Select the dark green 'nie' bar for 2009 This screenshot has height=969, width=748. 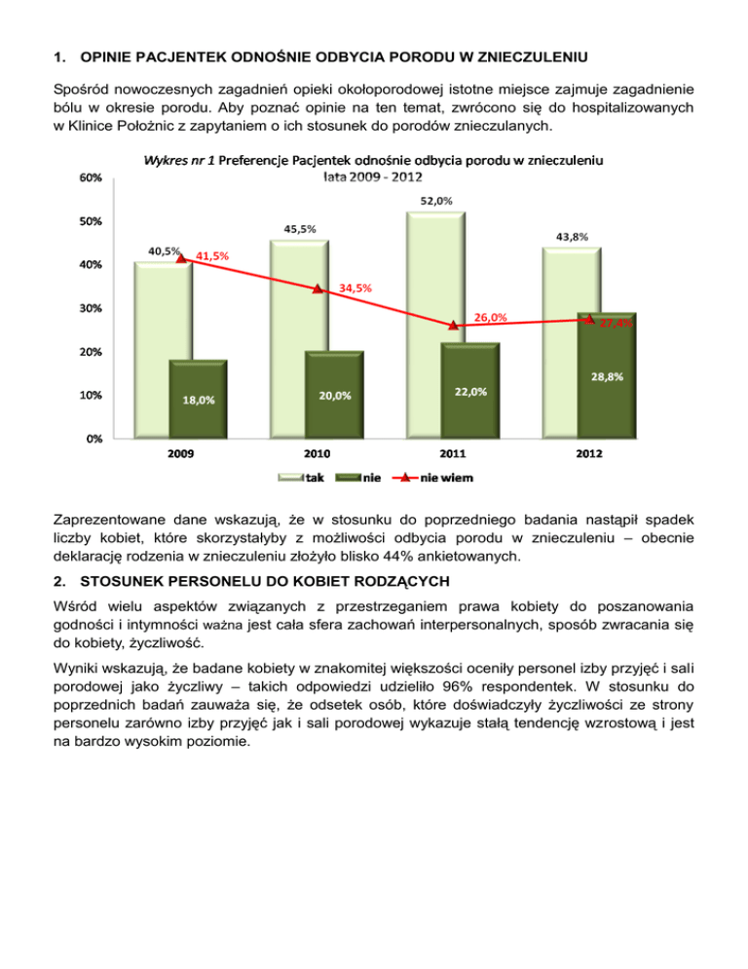[x=199, y=400]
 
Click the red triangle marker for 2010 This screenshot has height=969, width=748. [x=318, y=289]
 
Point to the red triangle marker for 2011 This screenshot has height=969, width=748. [x=454, y=326]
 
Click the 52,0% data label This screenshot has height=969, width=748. [x=436, y=202]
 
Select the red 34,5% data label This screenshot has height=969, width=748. [x=355, y=288]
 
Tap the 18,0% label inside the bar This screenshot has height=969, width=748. [x=199, y=400]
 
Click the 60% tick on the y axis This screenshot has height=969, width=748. [x=92, y=178]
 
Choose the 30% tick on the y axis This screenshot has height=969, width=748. [x=92, y=308]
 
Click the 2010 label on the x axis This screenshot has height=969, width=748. [x=317, y=454]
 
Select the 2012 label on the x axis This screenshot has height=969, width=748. [x=588, y=454]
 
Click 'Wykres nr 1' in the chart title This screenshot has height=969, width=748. [x=179, y=158]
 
